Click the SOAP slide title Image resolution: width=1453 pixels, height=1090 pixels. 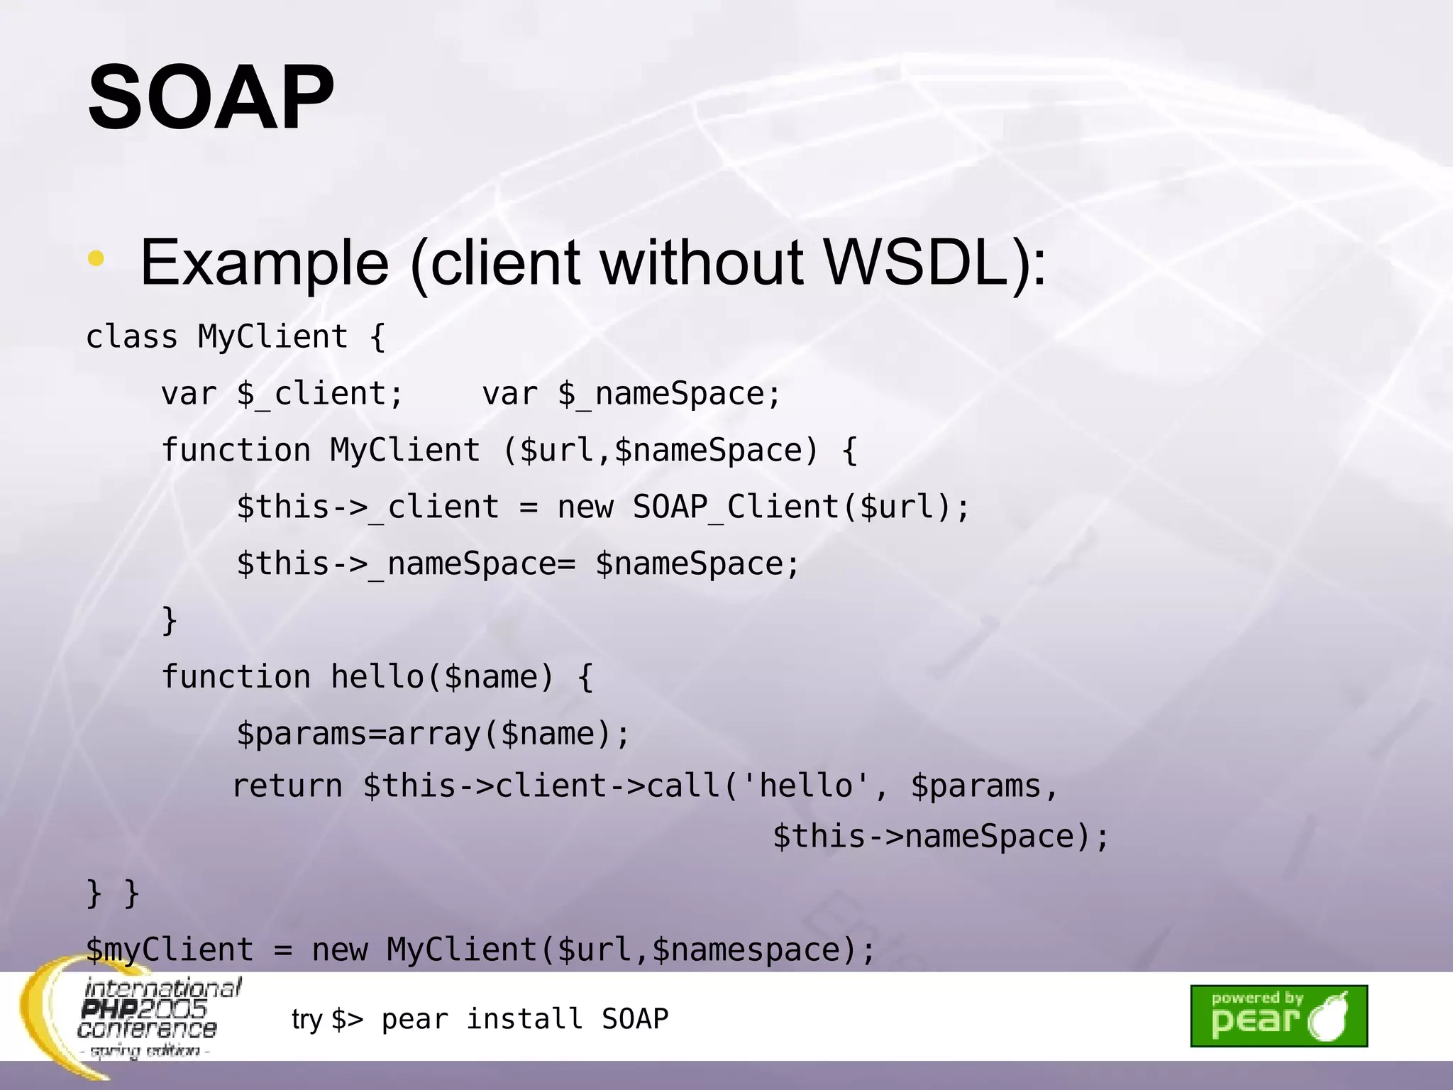click(x=211, y=97)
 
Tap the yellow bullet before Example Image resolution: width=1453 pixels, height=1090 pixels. click(x=96, y=260)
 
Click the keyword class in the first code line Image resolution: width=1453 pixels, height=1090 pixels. click(x=131, y=336)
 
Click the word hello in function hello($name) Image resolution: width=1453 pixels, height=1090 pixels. click(x=377, y=676)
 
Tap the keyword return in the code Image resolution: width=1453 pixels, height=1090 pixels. click(x=287, y=786)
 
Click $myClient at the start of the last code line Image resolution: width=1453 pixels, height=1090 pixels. click(x=170, y=949)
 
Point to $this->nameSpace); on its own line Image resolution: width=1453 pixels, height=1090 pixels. click(x=940, y=836)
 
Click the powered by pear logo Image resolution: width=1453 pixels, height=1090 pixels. click(x=1278, y=1015)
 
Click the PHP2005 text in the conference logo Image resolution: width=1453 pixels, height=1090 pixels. click(x=144, y=1008)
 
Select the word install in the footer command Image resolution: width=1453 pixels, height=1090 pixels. click(x=524, y=1019)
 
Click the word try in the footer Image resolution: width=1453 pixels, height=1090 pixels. click(x=306, y=1019)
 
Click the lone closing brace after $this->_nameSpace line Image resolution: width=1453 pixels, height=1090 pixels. click(x=170, y=620)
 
